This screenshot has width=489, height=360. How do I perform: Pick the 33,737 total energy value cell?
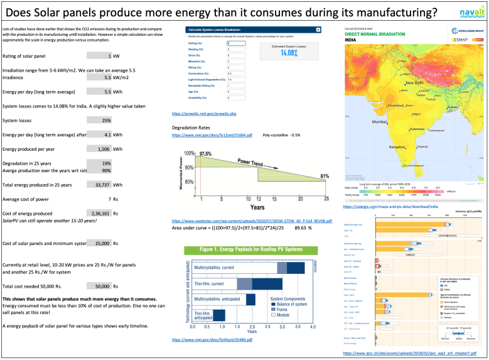pos(99,185)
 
